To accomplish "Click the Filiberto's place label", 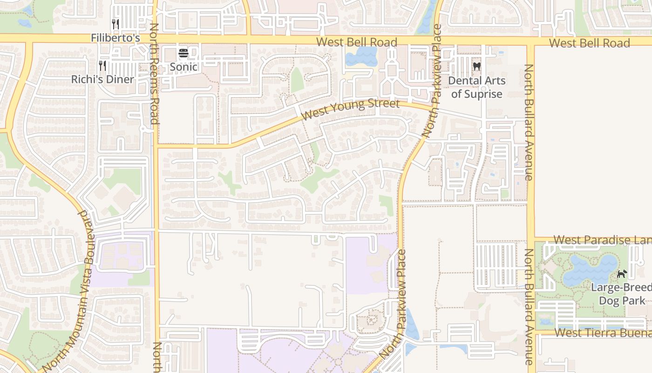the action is pyautogui.click(x=115, y=38).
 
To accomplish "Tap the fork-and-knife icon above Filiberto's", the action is pyautogui.click(x=115, y=24).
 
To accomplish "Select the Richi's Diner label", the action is pyautogui.click(x=102, y=79).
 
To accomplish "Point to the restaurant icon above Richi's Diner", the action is pyautogui.click(x=103, y=66).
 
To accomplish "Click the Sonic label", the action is pyautogui.click(x=183, y=67).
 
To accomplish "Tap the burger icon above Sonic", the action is pyautogui.click(x=183, y=53).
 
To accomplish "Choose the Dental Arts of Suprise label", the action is pyautogui.click(x=476, y=87).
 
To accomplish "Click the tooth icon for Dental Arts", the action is pyautogui.click(x=476, y=67).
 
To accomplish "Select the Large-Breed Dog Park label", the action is pyautogui.click(x=622, y=294).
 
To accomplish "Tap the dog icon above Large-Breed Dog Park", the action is pyautogui.click(x=622, y=274).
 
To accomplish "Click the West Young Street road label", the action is pyautogui.click(x=350, y=109).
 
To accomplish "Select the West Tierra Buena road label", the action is pyautogui.click(x=603, y=333).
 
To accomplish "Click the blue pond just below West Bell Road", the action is pyautogui.click(x=361, y=57).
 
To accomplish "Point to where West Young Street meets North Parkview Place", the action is pyautogui.click(x=431, y=109).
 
